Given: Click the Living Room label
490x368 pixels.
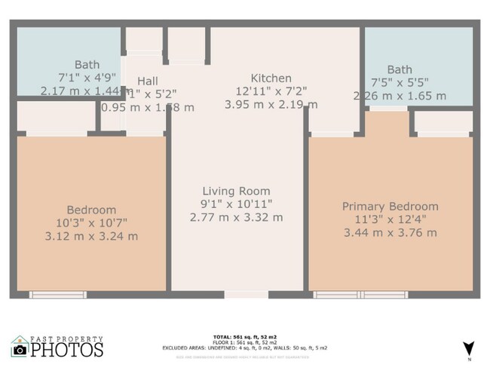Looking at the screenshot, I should pyautogui.click(x=236, y=191).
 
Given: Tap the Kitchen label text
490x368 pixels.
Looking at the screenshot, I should pyautogui.click(x=271, y=78).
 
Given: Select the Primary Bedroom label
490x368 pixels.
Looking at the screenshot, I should pyautogui.click(x=390, y=206).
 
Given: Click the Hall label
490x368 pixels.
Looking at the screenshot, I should pyautogui.click(x=148, y=81).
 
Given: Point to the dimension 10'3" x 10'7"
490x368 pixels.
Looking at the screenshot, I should pyautogui.click(x=91, y=222).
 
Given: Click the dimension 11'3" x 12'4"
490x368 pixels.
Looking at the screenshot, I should pyautogui.click(x=390, y=219).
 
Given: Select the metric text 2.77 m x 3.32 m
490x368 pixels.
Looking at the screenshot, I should pyautogui.click(x=236, y=217).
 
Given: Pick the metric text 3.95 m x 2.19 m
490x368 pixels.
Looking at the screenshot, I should pyautogui.click(x=271, y=104).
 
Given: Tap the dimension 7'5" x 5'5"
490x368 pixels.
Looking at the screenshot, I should pyautogui.click(x=399, y=83).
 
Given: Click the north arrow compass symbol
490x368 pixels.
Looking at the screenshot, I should pyautogui.click(x=468, y=348).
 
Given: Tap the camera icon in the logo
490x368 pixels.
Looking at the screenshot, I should pyautogui.click(x=20, y=349).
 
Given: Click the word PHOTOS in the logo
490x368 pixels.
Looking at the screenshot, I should pyautogui.click(x=67, y=350).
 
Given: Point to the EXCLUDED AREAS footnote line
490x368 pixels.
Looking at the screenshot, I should pyautogui.click(x=244, y=348).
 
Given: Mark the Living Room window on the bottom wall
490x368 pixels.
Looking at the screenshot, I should pyautogui.click(x=246, y=294).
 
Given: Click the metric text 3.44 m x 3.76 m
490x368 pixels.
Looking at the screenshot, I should pyautogui.click(x=390, y=233).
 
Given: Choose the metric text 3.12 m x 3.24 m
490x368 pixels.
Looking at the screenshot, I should pyautogui.click(x=91, y=236).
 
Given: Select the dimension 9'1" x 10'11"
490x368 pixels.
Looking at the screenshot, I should pyautogui.click(x=236, y=204).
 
